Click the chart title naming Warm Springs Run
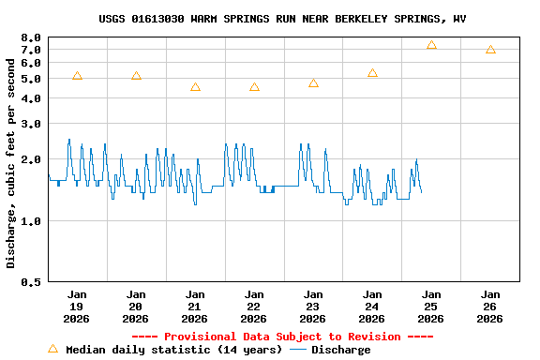[x=282, y=19]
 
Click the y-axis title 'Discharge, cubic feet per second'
[x=11, y=162]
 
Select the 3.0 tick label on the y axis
[x=29, y=124]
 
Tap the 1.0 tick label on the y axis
[x=29, y=221]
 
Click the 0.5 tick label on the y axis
[x=29, y=281]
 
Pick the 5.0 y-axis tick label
[x=29, y=79]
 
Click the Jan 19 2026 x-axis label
[x=77, y=306]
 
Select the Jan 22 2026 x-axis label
[x=254, y=306]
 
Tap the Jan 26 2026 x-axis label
[x=490, y=306]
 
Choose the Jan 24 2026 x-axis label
[x=372, y=306]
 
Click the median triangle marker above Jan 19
[x=77, y=76]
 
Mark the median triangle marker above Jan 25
[x=431, y=45]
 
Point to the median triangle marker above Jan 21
[x=195, y=87]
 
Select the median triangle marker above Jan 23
[x=313, y=83]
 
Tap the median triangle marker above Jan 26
[x=490, y=50]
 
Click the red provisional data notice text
[x=282, y=337]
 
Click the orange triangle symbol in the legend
[x=52, y=349]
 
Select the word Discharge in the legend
[x=340, y=350]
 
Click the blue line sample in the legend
[x=298, y=350]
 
